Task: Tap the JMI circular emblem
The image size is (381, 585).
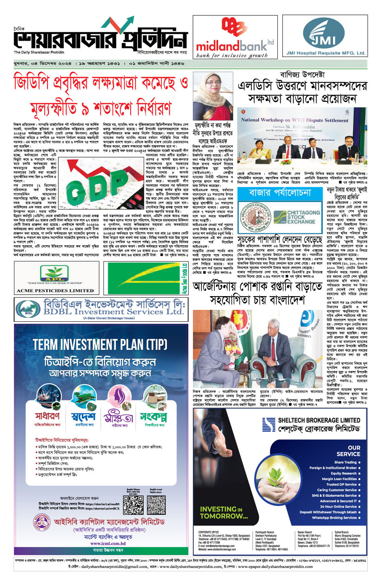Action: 325,33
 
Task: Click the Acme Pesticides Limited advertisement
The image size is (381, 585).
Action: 56,278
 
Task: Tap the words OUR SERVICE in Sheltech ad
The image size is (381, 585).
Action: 348,450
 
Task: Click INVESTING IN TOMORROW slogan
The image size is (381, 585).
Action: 223,512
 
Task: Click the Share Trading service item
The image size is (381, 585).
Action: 346,462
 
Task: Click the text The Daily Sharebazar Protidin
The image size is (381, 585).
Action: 39,52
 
